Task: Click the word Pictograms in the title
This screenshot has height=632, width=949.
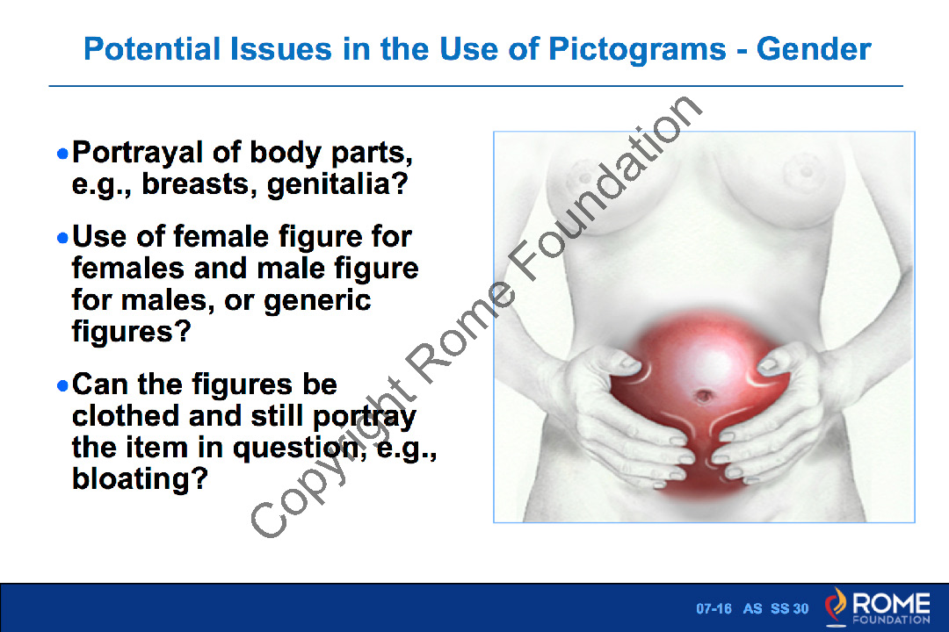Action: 637,49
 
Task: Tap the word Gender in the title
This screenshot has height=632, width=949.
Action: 814,49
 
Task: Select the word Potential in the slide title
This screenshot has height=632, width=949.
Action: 152,49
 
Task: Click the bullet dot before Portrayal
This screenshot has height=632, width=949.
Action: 62,154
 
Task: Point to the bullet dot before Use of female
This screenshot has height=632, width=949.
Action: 62,238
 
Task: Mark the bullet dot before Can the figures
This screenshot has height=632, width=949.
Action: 62,385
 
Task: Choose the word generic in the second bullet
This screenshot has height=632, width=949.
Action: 317,300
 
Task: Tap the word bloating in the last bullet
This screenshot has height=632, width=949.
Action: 140,479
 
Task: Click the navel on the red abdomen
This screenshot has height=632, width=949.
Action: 704,396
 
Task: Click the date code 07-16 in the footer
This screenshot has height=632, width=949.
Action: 714,608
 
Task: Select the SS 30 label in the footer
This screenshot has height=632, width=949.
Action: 789,608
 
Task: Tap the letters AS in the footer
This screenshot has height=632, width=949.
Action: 752,608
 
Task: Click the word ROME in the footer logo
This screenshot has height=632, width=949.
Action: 891,603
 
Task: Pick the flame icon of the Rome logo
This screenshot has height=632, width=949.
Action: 836,606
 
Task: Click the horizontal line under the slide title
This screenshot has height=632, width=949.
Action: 475,86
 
